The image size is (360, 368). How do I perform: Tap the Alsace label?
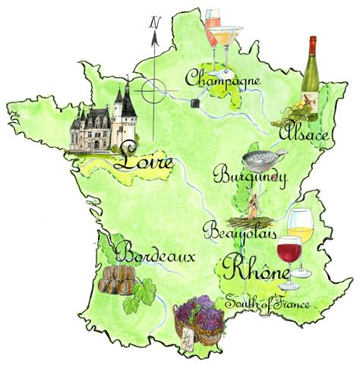(304, 134)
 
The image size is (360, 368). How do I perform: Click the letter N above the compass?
(154, 22)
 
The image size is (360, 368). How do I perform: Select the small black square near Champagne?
(197, 102)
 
